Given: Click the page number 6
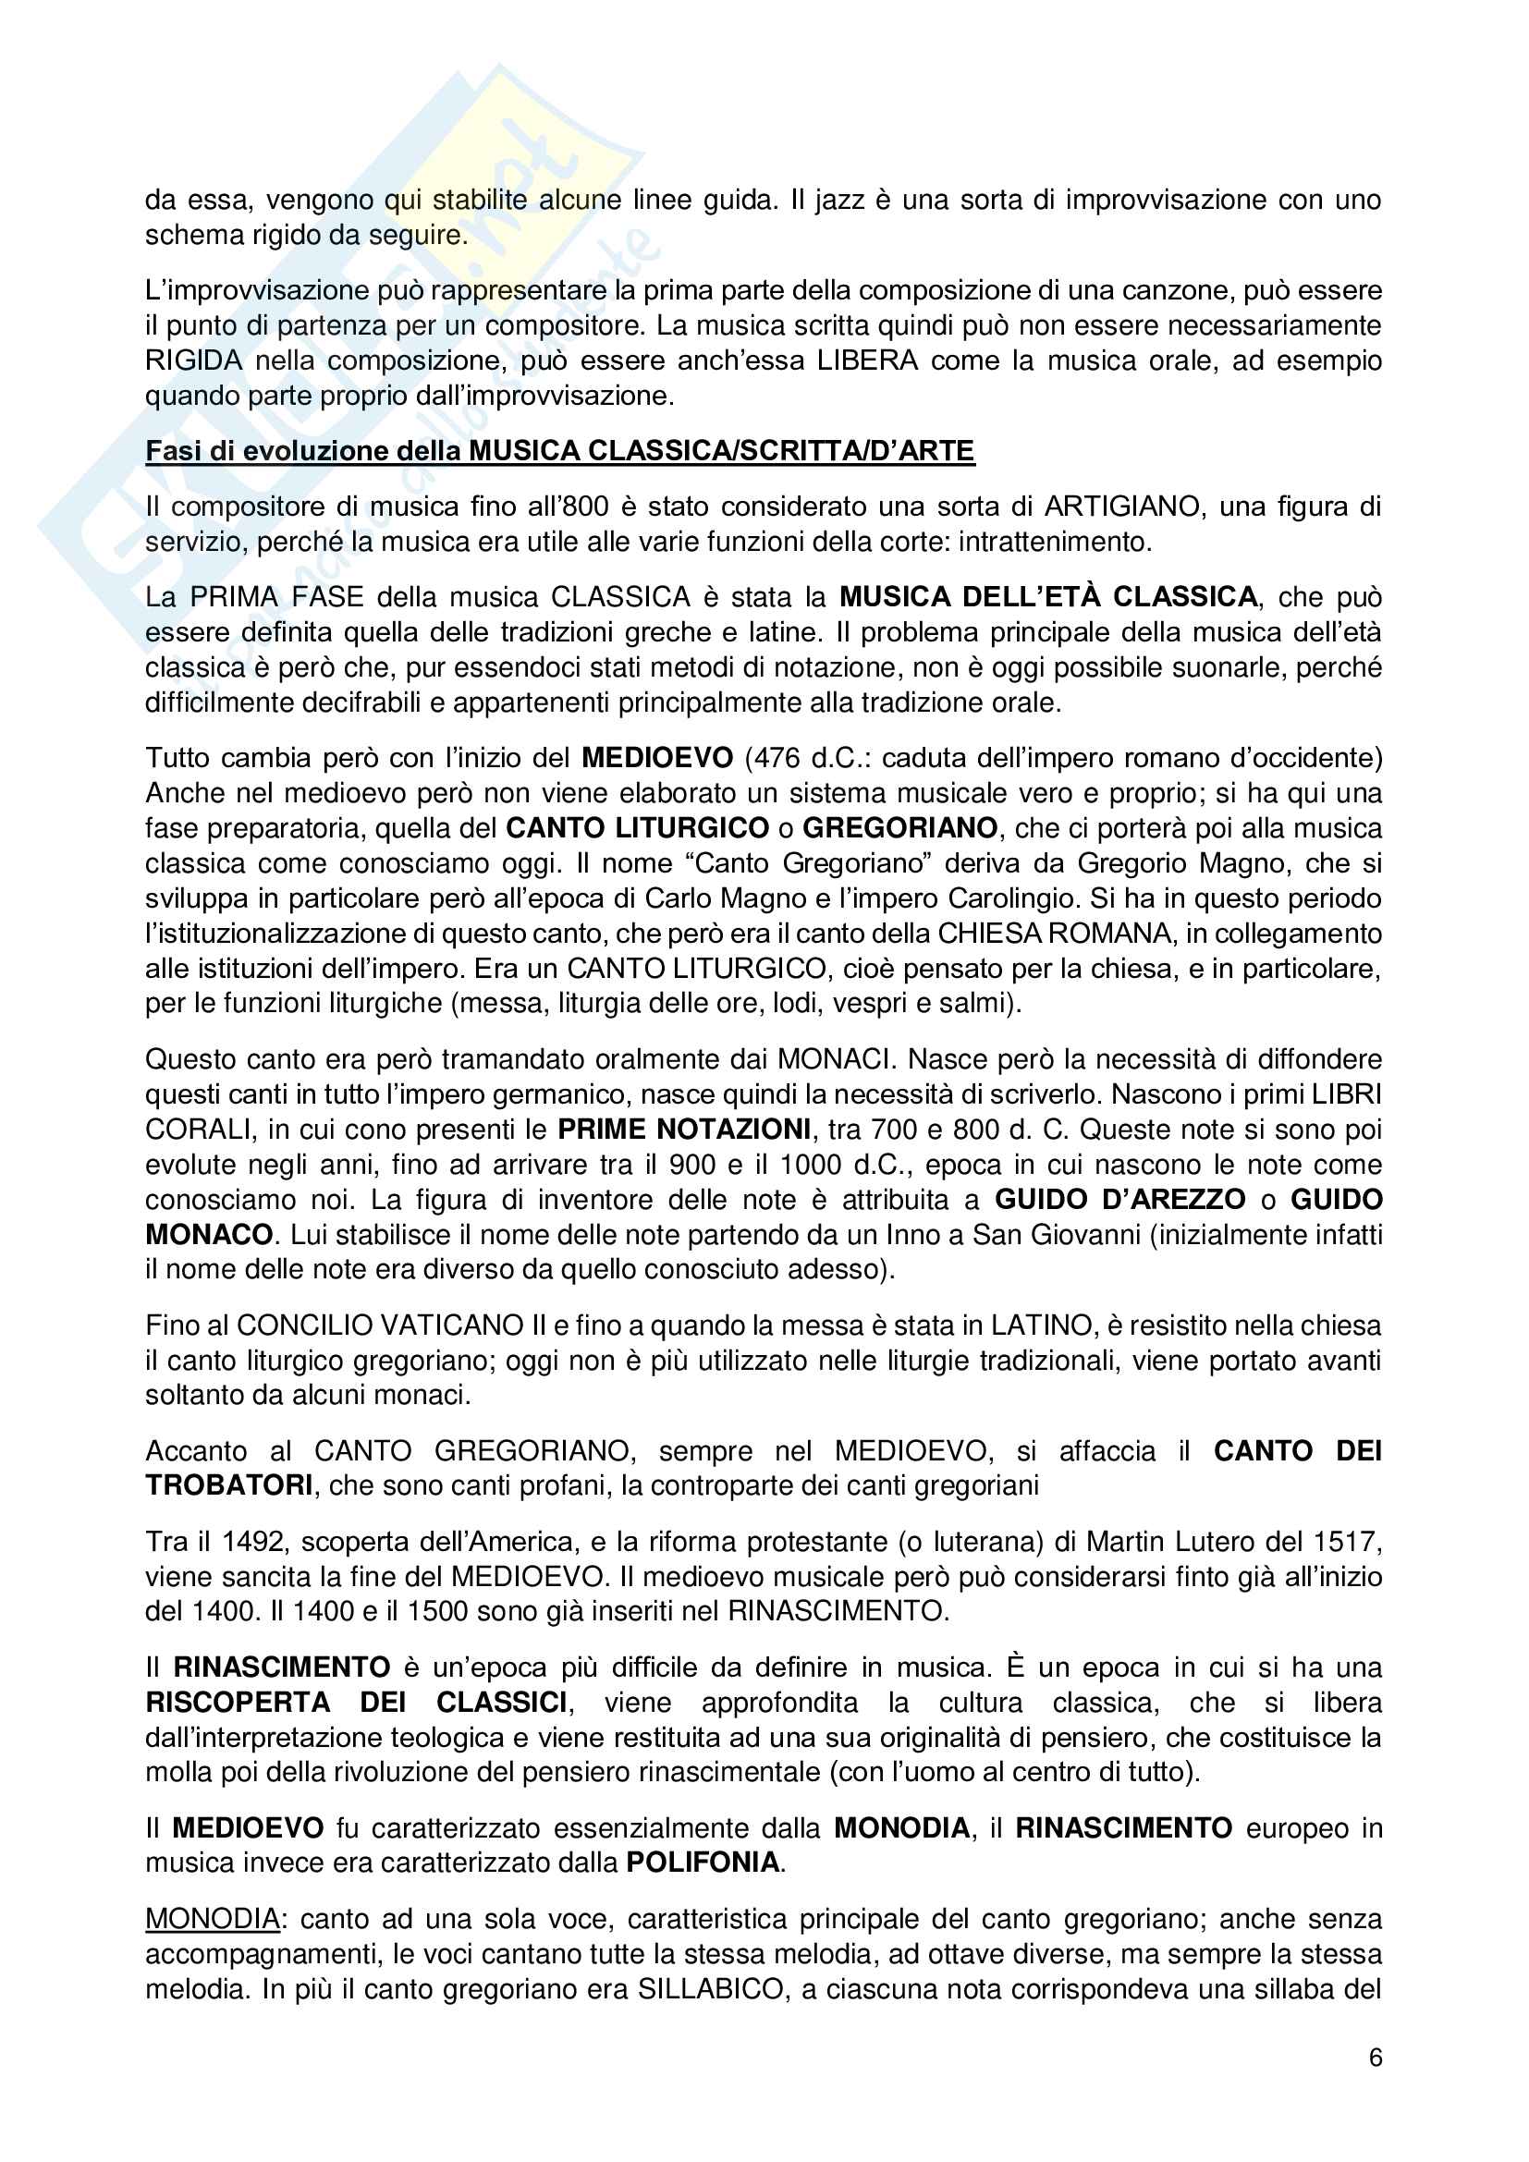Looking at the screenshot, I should coord(1375,2058).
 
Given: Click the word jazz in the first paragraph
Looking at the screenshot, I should coord(838,200).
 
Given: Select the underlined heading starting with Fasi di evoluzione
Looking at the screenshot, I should coord(559,451).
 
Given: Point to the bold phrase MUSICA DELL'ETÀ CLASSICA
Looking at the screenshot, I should coord(1048,597).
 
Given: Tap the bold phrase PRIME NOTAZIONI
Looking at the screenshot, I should coord(683,1129).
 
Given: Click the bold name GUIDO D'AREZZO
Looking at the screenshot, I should coord(1120,1200).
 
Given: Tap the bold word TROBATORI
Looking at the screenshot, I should coord(228,1485).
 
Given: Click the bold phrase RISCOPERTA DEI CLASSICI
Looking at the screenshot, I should coord(356,1703).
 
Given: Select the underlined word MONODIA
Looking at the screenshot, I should coord(213,1919).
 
